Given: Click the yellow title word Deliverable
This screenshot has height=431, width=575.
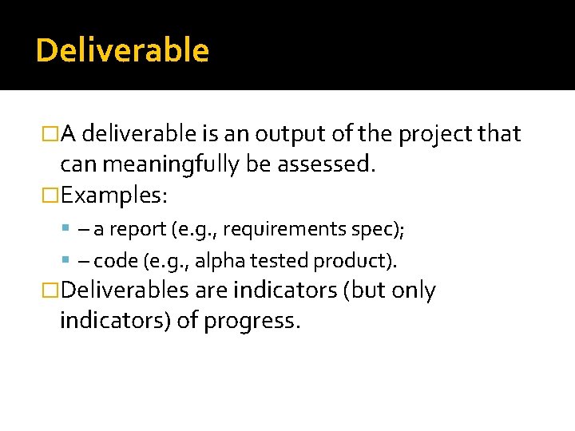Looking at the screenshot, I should coord(122,50).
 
